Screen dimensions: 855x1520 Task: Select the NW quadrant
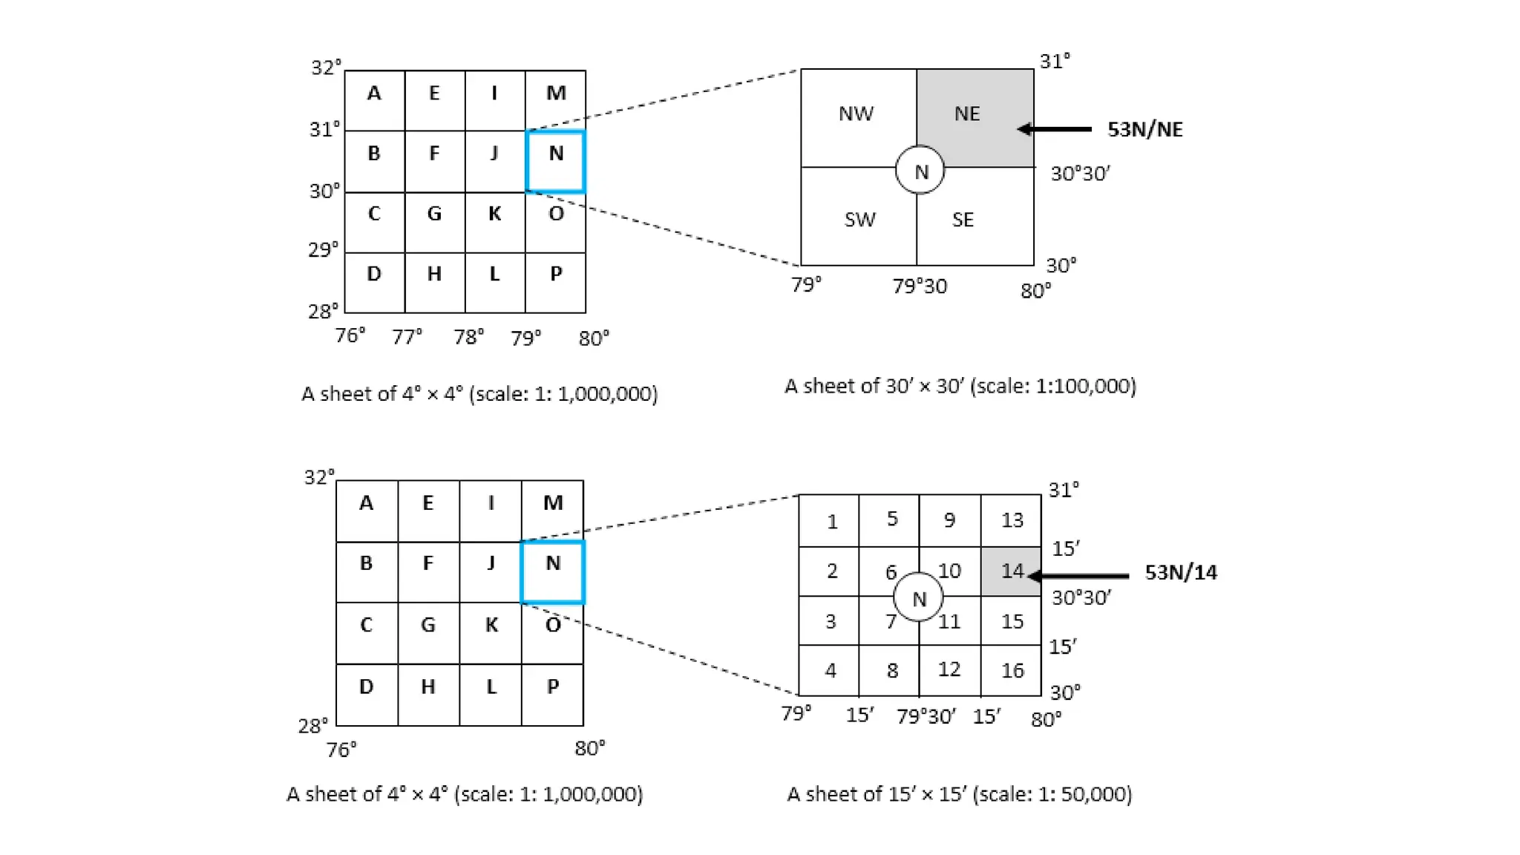click(858, 116)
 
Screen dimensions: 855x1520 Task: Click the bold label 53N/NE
click(1144, 129)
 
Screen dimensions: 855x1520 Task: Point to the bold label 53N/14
click(1180, 572)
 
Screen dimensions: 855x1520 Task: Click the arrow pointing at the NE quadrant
click(1054, 129)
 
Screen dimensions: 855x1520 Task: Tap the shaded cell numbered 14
click(1011, 571)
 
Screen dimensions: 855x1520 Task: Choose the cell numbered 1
click(829, 521)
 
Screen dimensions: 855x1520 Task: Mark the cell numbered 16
click(1011, 670)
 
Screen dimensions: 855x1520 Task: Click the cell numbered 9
click(949, 520)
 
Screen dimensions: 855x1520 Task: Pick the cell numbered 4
click(829, 670)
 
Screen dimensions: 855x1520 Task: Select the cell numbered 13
click(1011, 520)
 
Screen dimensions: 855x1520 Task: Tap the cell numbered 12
click(949, 669)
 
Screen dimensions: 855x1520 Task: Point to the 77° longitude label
click(407, 338)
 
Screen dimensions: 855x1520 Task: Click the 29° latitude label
click(324, 249)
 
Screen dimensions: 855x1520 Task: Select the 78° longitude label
click(468, 338)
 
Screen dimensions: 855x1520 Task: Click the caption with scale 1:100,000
click(960, 386)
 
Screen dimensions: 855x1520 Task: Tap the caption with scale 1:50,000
click(959, 794)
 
